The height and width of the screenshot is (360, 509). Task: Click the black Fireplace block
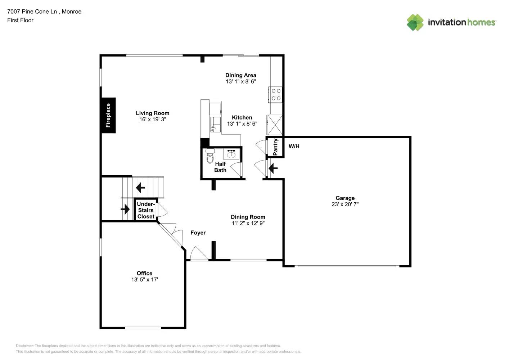click(x=108, y=115)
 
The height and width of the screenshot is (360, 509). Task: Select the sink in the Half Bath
click(x=231, y=154)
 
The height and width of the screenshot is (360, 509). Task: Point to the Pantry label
click(x=275, y=147)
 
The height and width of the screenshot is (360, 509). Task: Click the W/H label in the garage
click(x=294, y=146)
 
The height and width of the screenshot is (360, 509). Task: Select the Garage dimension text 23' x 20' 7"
click(x=345, y=204)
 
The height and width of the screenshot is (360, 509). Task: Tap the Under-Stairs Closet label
click(x=146, y=210)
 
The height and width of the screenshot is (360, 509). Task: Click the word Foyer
click(x=198, y=233)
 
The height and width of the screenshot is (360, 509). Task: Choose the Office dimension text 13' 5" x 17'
click(x=144, y=279)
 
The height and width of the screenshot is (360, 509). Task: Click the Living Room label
click(x=152, y=113)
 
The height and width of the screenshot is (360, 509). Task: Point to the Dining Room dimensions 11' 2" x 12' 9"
click(x=248, y=223)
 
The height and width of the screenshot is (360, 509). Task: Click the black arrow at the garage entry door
click(x=273, y=168)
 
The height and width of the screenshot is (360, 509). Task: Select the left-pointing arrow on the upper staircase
click(x=140, y=188)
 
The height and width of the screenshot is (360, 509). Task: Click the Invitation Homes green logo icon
click(x=415, y=22)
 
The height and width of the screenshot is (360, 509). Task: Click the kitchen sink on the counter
click(x=215, y=124)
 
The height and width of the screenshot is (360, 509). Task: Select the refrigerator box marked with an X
click(x=275, y=125)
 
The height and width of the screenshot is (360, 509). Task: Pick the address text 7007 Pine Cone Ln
click(x=32, y=12)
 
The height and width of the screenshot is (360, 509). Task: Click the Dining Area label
click(x=240, y=75)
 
